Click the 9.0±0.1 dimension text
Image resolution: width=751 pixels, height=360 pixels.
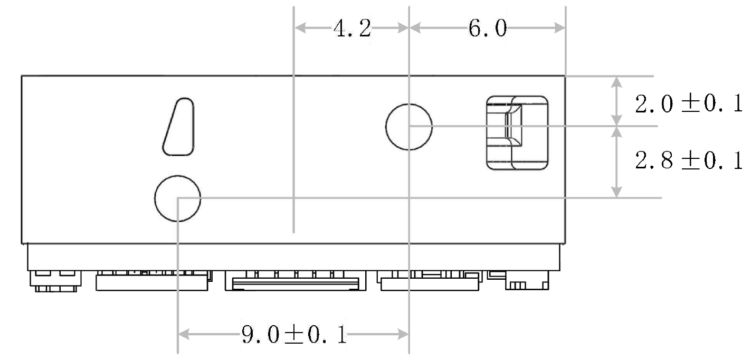[294, 335]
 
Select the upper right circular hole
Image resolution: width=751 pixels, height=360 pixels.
[409, 127]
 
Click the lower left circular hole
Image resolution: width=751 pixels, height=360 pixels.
[178, 198]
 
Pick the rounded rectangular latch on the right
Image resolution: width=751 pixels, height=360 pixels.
[517, 133]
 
